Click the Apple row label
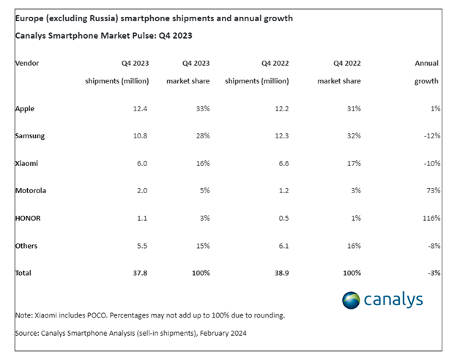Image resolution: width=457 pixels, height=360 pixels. (x=25, y=109)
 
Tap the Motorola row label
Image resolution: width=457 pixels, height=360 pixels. (x=31, y=191)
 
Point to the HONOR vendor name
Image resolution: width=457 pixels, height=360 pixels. (x=28, y=218)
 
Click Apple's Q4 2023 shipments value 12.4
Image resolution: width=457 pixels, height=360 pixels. (x=141, y=109)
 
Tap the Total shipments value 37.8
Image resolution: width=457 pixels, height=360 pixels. (x=141, y=273)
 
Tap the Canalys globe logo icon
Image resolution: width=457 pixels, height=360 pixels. (x=352, y=300)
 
